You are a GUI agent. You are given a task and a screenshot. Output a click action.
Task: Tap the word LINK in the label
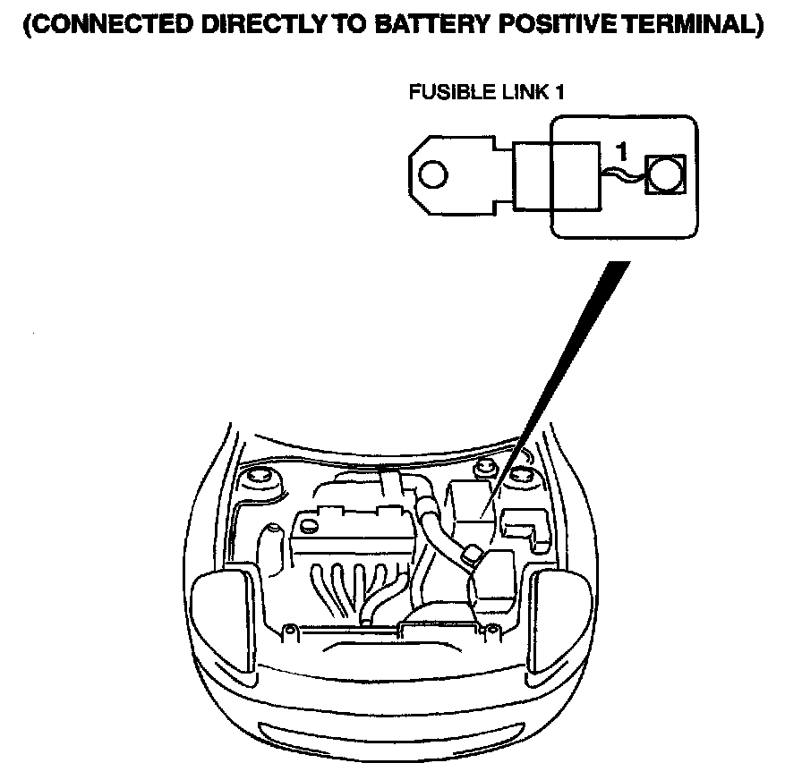521,92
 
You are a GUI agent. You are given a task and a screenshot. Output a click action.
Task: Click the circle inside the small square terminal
665,174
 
